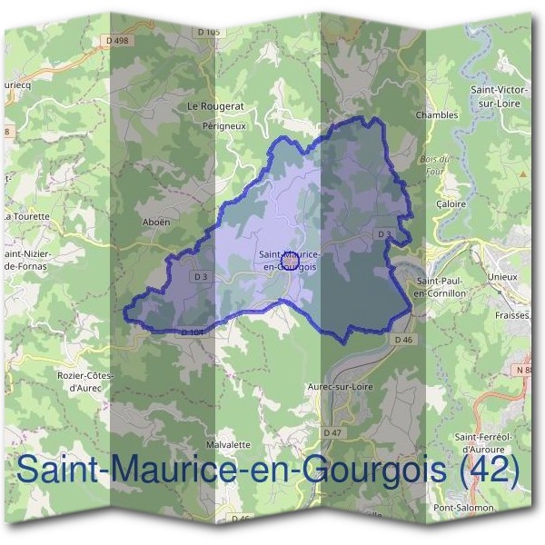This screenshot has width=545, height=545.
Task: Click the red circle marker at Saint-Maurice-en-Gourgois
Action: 289,262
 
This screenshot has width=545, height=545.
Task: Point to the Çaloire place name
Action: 451,204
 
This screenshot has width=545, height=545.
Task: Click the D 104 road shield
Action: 192,333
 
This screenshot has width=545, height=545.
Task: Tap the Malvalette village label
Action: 228,445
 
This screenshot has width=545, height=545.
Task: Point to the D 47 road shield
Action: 332,432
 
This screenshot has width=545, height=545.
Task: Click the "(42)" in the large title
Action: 489,472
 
